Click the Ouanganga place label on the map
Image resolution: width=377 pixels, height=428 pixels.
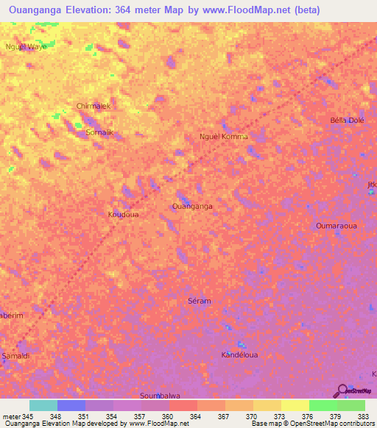192,207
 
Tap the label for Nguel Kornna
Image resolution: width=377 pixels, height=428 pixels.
224,137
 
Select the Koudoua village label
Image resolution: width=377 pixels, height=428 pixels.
124,215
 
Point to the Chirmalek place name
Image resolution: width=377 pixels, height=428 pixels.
94,106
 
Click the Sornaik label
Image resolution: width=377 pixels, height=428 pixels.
100,132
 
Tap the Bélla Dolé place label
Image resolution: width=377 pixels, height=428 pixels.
347,120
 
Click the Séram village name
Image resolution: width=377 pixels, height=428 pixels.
200,302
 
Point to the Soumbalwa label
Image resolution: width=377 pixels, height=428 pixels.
160,395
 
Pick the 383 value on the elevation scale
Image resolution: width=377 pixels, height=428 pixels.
364,417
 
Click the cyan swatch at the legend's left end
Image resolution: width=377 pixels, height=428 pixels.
43,405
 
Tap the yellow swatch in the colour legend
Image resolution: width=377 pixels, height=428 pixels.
295,405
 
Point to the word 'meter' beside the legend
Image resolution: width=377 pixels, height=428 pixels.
12,417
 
